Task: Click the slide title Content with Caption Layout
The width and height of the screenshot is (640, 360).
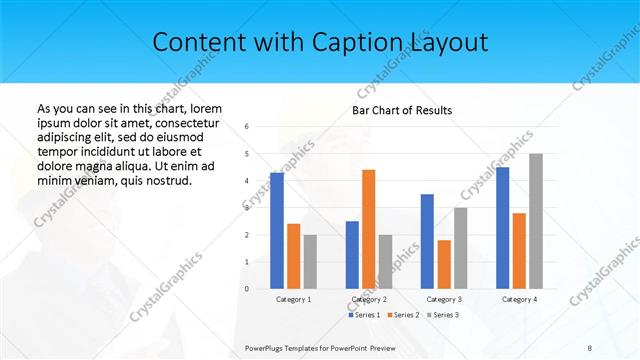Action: tap(320, 43)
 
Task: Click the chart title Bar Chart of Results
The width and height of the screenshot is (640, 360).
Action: tap(401, 110)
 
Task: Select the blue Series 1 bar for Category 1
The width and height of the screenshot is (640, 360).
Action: tap(277, 230)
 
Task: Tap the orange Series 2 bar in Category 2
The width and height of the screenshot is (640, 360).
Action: tap(368, 229)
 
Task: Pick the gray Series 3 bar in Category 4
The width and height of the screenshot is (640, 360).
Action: tap(536, 221)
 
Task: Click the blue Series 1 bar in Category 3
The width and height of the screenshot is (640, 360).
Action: tap(427, 241)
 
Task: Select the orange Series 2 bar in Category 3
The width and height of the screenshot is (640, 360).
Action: tap(444, 264)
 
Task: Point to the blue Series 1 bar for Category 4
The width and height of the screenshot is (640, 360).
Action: tap(502, 228)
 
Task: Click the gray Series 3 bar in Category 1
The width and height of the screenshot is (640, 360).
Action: tap(310, 261)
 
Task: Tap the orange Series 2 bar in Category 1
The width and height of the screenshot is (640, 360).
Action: tap(293, 256)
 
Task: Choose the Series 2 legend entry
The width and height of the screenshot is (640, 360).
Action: tap(404, 315)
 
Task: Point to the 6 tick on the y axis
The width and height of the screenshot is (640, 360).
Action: tap(247, 127)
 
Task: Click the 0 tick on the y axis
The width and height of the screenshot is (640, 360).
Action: tap(247, 289)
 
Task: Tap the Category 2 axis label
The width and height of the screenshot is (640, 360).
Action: tap(368, 299)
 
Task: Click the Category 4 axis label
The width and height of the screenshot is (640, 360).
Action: tap(519, 299)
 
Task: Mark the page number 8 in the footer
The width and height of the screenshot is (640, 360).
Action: tap(589, 347)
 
